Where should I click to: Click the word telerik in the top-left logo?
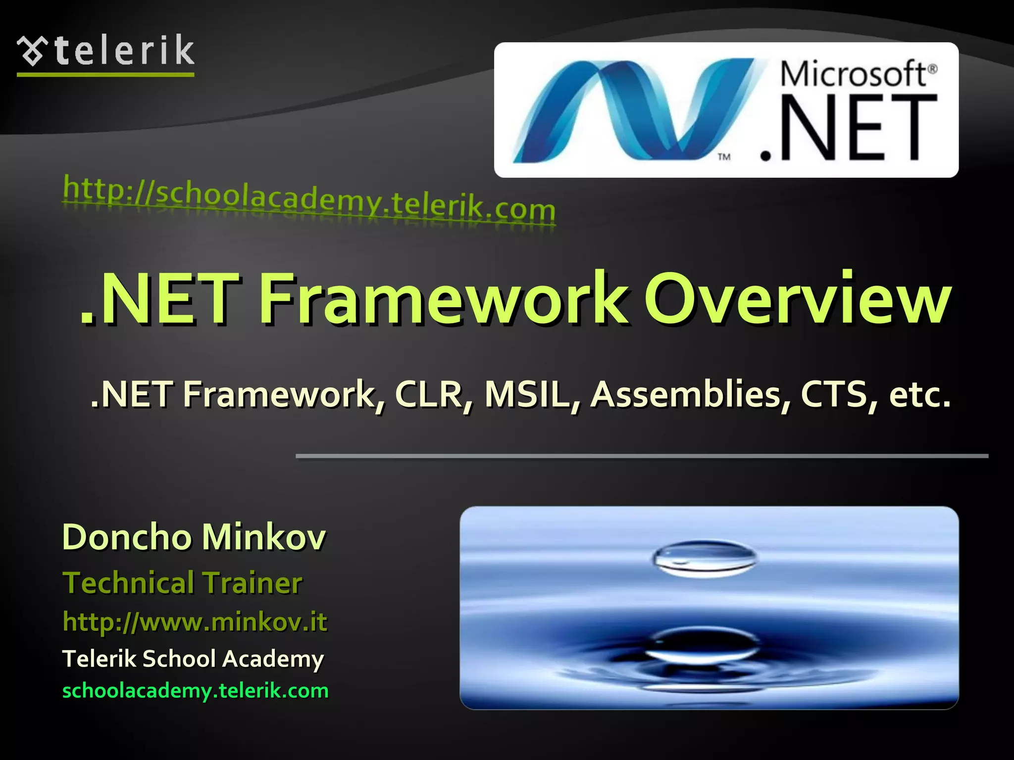[125, 50]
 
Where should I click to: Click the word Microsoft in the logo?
[853, 74]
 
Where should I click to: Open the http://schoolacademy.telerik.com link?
[309, 201]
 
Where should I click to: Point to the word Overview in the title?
[797, 299]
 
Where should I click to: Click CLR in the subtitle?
[434, 395]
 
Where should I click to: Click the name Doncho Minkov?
[194, 537]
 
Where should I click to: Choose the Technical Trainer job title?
[182, 582]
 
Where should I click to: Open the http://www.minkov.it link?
[195, 622]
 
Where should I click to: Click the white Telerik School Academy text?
[193, 659]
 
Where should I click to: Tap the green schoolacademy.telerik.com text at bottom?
[196, 691]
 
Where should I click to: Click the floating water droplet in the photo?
[704, 559]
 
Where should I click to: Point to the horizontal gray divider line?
[642, 456]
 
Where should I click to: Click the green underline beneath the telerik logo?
[105, 75]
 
